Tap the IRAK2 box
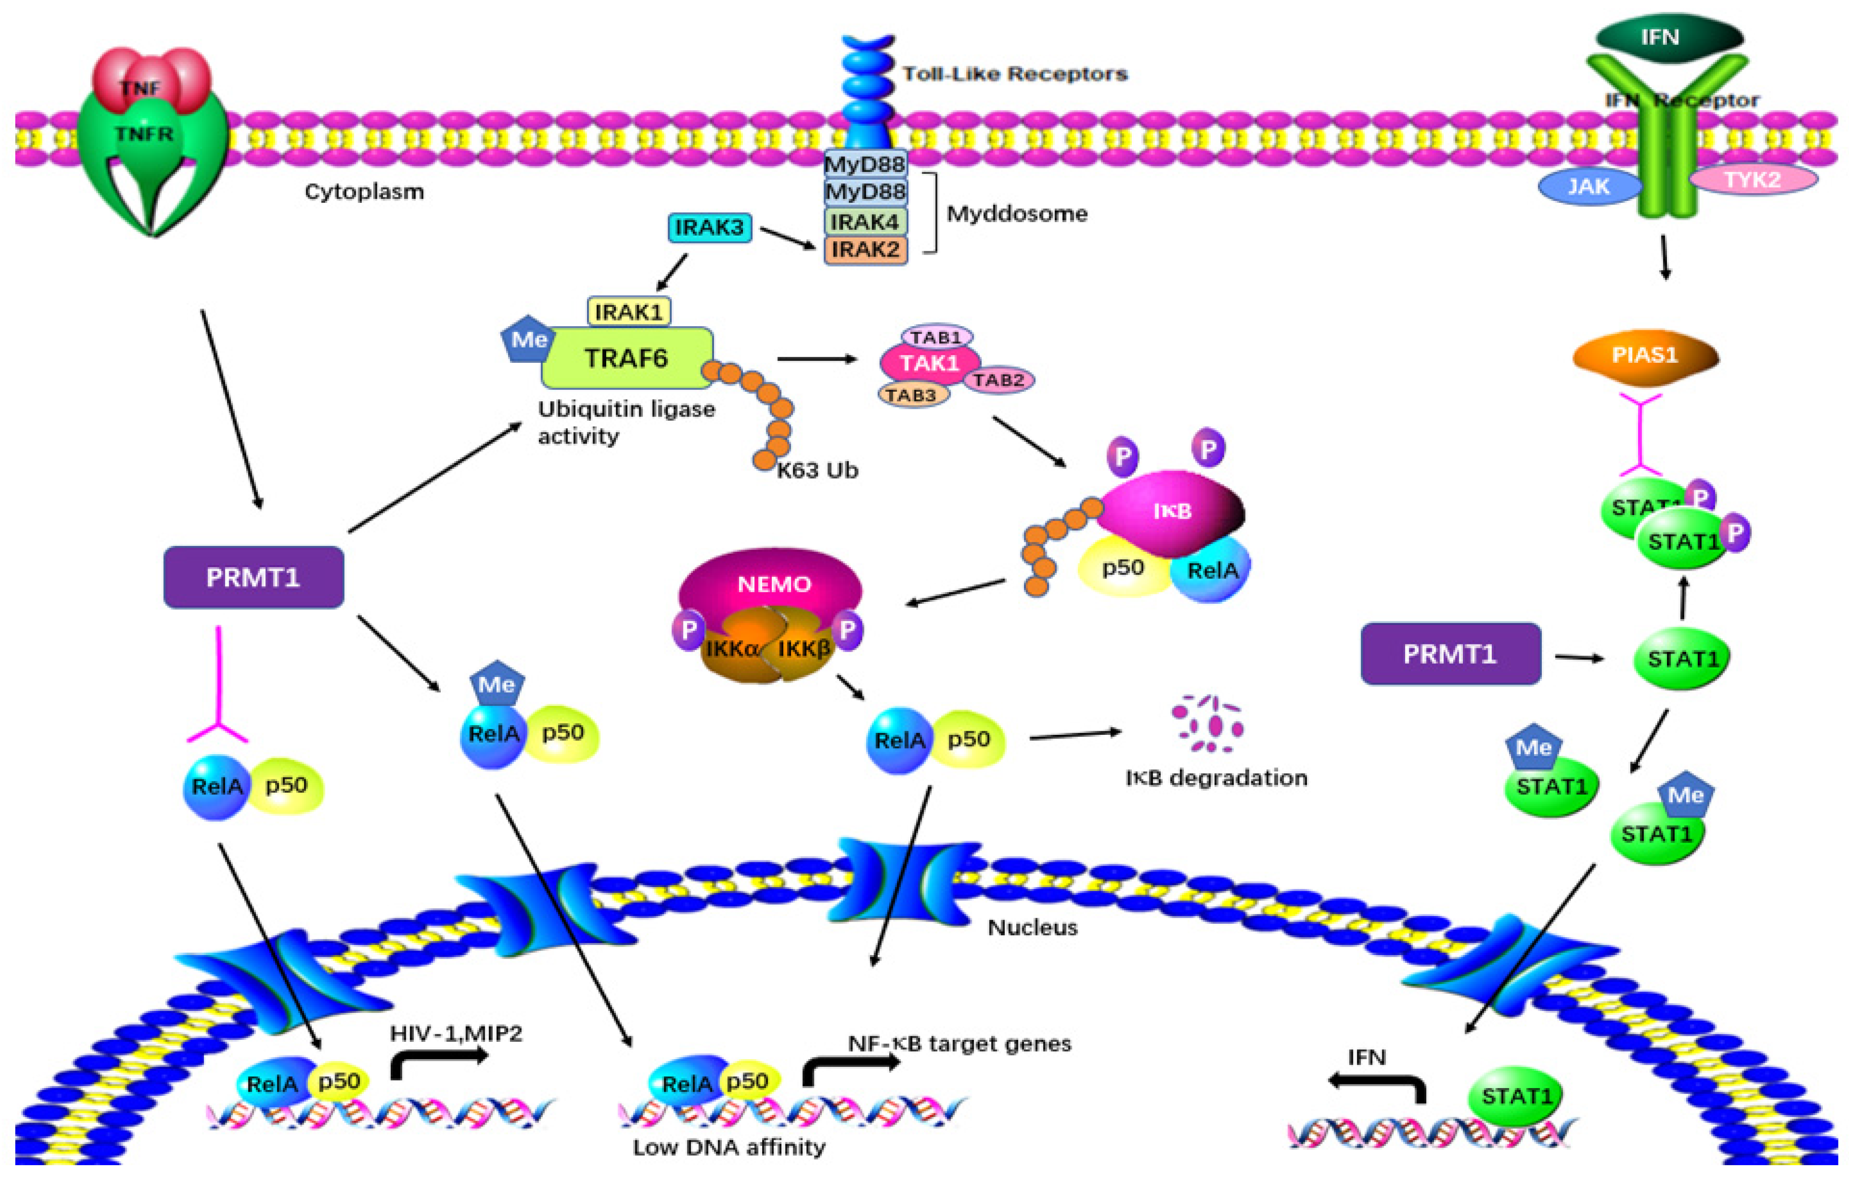coord(865,250)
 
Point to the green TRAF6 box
coord(626,358)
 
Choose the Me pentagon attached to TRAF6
coord(527,339)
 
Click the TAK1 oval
coord(929,362)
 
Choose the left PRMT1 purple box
coord(254,578)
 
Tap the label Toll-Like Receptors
coord(1014,74)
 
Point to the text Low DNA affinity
coord(729,1148)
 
